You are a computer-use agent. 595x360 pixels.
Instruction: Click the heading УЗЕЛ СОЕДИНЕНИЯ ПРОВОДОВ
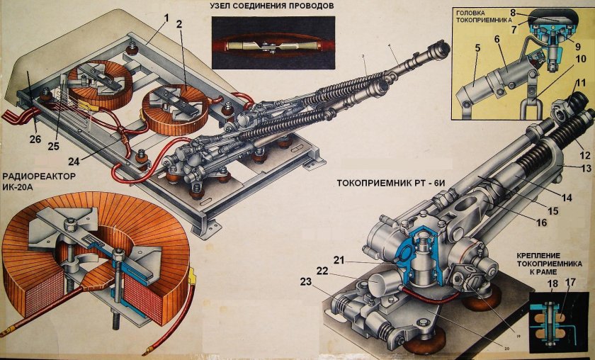tap(272, 6)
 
